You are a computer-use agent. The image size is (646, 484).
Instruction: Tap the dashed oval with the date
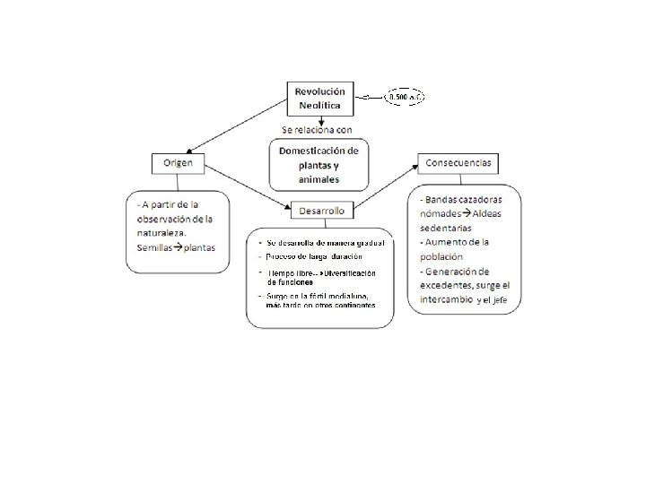click(x=406, y=96)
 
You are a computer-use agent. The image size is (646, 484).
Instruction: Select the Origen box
click(x=178, y=163)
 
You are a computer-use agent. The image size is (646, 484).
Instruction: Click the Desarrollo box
click(x=322, y=212)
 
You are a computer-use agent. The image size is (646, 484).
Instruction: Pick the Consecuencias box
click(x=458, y=163)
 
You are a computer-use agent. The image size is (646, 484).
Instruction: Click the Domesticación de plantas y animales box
click(x=319, y=164)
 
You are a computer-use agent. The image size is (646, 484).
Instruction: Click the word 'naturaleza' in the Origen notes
click(x=161, y=233)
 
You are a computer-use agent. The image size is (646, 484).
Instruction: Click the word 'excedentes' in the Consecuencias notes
click(x=449, y=284)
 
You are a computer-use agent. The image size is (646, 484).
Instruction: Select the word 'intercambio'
click(x=446, y=298)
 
